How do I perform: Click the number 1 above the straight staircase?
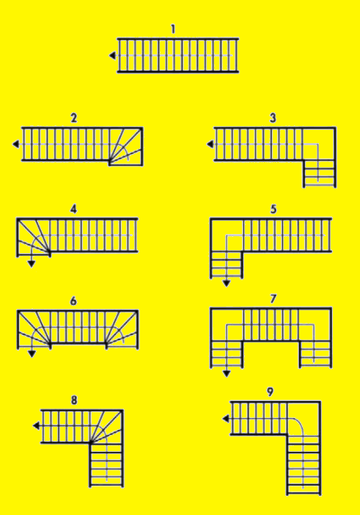173,29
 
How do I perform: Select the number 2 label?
74,118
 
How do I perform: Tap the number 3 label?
273,117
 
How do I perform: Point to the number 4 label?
73,209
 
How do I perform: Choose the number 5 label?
273,209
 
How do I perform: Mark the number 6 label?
73,301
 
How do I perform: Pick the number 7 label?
273,299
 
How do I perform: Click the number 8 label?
73,401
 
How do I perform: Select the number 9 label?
271,392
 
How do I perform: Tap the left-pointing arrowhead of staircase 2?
16,145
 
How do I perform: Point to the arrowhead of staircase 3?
210,145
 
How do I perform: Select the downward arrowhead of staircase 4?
31,264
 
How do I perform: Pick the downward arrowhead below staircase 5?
227,282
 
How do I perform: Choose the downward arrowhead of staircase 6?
31,355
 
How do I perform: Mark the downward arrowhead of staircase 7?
227,373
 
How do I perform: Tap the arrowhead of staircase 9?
225,419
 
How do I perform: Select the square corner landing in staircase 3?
319,145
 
